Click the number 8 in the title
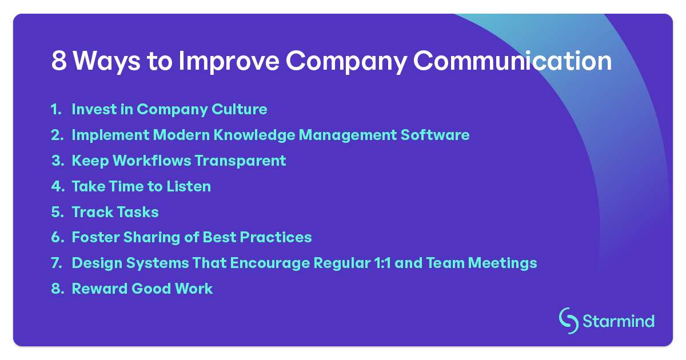click(59, 61)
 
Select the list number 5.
click(57, 212)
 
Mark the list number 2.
click(57, 135)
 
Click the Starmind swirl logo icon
click(568, 321)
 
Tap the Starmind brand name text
click(619, 321)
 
